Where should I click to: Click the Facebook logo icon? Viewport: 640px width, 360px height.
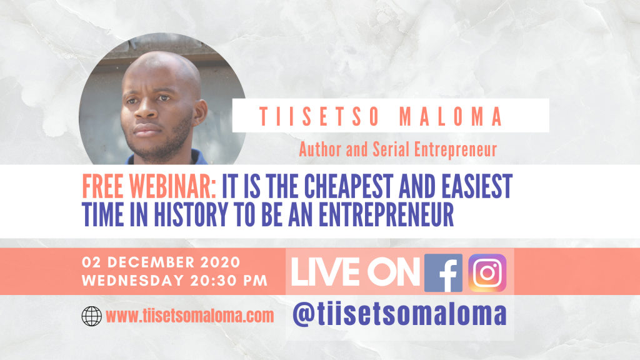click(443, 272)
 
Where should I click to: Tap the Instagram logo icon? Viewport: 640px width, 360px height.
click(487, 272)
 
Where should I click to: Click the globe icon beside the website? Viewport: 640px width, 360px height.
click(91, 316)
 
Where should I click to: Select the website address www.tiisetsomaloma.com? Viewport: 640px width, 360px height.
click(190, 316)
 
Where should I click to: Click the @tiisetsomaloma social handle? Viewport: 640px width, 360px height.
click(399, 314)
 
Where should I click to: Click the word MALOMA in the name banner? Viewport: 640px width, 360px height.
click(451, 116)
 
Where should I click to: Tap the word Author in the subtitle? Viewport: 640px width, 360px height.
click(320, 149)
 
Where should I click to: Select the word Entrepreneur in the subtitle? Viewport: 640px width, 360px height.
click(456, 150)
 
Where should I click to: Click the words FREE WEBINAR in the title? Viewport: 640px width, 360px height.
click(149, 186)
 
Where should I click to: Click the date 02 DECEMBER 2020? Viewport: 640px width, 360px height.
click(161, 262)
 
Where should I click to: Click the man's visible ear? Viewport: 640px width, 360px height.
click(199, 111)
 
